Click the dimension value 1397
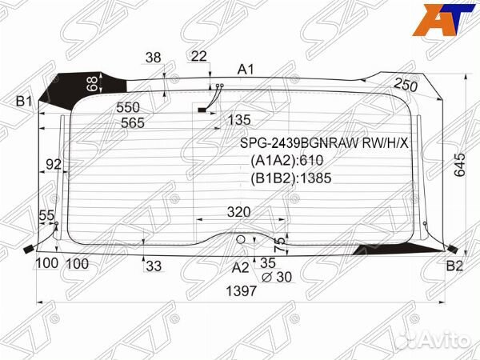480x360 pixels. tap(241, 291)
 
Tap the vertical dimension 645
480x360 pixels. tap(459, 165)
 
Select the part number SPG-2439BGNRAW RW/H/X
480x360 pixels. tap(324, 143)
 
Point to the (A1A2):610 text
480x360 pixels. tap(286, 160)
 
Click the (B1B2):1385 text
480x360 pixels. tap(291, 178)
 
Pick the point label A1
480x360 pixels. tap(246, 70)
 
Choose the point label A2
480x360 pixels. tap(241, 267)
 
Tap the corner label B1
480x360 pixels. tap(24, 101)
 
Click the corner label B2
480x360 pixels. tap(454, 266)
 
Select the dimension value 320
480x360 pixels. tap(238, 212)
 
